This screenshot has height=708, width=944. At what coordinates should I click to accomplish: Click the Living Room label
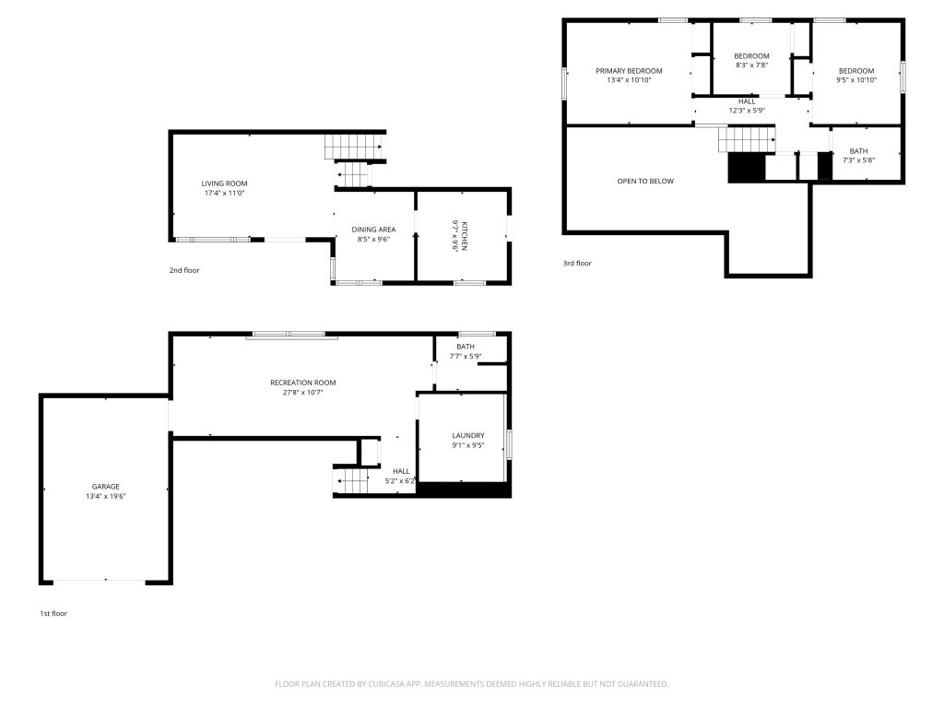(225, 183)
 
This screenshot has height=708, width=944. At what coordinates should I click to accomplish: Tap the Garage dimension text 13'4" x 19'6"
(106, 497)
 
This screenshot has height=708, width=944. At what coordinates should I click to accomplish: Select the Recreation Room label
(302, 383)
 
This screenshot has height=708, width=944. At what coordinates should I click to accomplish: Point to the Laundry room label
(468, 436)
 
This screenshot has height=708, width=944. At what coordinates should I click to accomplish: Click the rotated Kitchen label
(465, 236)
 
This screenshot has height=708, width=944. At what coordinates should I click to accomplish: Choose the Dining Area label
(374, 230)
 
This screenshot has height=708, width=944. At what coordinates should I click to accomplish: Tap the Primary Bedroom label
(629, 71)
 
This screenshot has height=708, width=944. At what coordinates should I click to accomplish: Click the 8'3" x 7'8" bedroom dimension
(752, 65)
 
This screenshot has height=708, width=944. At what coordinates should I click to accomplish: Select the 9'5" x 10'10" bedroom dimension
(856, 80)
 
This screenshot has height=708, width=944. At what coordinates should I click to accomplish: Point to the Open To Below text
(645, 182)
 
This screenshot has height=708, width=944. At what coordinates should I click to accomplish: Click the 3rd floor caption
(577, 263)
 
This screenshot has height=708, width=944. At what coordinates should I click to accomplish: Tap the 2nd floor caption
(184, 270)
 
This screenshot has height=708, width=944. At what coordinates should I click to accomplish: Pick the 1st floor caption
(53, 613)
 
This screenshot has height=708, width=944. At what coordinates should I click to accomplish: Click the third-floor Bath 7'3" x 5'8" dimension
(859, 160)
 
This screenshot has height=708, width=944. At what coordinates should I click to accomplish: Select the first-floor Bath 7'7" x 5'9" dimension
(466, 357)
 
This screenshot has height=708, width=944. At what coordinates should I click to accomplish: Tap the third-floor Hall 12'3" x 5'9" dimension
(747, 111)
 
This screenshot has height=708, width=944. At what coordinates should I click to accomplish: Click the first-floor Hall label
(402, 471)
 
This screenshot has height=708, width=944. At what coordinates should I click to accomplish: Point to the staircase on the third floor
(747, 140)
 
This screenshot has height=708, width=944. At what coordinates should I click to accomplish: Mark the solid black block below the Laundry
(465, 490)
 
